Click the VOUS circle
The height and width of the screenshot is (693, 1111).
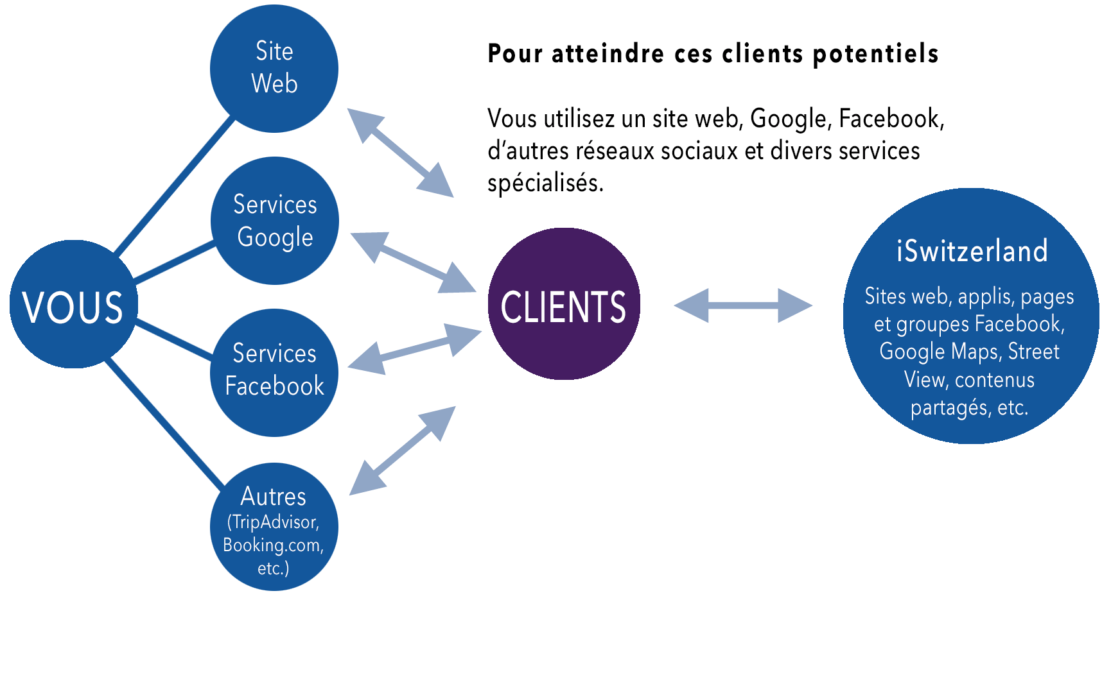73,305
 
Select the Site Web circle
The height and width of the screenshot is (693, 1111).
274,68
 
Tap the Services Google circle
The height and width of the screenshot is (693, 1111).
275,221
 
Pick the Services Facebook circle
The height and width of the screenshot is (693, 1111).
274,372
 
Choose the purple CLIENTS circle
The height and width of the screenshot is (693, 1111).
564,304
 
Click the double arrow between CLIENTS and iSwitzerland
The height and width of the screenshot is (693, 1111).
743,305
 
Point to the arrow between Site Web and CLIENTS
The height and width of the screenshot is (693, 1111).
401,153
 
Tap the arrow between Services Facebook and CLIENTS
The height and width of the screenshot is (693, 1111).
415,349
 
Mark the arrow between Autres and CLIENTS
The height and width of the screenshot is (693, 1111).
403,450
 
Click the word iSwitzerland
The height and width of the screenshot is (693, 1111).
972,251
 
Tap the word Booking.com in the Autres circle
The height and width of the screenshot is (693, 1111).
272,545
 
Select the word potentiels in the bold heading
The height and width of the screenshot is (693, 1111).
875,54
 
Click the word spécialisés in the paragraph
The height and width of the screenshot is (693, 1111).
545,184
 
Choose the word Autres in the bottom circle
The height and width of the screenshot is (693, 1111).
274,497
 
